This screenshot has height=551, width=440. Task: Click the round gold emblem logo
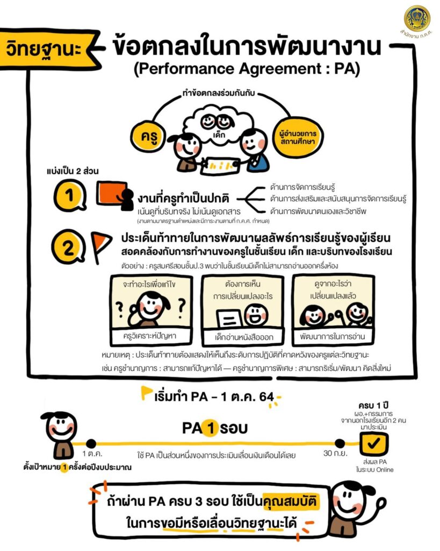pos(417,19)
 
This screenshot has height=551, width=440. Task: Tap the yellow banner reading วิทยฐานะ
pos(48,48)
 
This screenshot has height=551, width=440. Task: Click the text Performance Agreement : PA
pos(247,68)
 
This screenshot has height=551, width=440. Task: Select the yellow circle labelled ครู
pos(149,136)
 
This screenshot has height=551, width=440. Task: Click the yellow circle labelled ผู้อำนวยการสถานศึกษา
pos(298,137)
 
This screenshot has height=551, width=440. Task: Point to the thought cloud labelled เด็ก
pos(219,124)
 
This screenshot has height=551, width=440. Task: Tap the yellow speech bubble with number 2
pos(68,247)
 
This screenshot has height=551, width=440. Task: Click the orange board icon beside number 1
pos(112,193)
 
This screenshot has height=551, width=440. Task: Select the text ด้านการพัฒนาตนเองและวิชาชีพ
pos(318,211)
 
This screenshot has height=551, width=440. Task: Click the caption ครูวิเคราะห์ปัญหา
pos(149,336)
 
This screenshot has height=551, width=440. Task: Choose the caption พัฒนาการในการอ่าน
pos(332,336)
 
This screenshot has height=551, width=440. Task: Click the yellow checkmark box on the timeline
pos(374,443)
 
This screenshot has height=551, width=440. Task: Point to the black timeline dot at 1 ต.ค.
pos(91,443)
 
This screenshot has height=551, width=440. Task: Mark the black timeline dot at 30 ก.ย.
pos(340,443)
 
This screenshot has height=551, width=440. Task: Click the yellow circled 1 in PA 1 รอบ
pos(211,428)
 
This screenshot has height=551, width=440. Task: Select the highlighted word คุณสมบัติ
pos(291,500)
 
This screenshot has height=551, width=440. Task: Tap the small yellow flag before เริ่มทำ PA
pos(146,393)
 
